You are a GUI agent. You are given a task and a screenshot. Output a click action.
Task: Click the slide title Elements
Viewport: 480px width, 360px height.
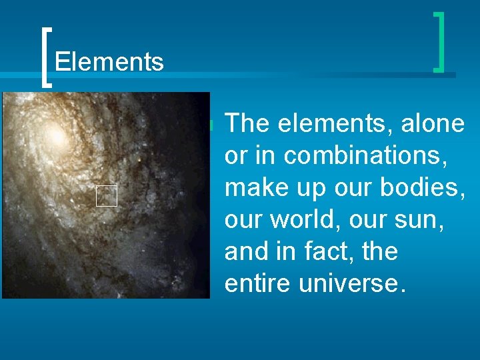(109, 62)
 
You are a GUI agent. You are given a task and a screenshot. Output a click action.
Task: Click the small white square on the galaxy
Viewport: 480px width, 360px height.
(106, 195)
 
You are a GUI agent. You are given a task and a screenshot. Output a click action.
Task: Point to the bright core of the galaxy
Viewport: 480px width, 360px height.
(57, 137)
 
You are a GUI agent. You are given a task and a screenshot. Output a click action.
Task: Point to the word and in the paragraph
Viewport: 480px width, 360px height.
(246, 251)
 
